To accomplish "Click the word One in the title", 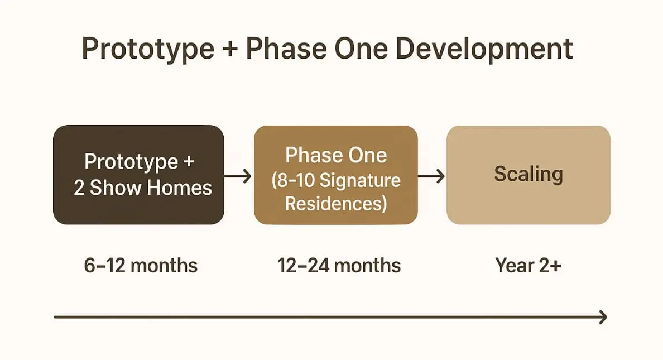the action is [x=361, y=49].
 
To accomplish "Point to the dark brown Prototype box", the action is [x=139, y=175].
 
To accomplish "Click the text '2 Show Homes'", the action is [x=143, y=188].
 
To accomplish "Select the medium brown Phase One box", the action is [x=336, y=175].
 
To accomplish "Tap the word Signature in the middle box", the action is [x=360, y=181].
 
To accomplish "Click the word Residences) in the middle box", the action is [x=336, y=204].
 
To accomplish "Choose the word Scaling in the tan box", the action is [x=529, y=174].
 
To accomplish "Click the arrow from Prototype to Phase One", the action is [x=238, y=176].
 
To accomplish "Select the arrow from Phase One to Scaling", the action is [x=431, y=176].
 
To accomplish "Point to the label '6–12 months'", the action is [x=141, y=266].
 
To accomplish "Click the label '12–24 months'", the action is [x=339, y=266].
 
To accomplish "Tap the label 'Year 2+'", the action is [x=528, y=266].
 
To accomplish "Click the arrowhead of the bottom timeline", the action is [x=604, y=317].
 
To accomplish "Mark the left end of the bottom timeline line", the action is [x=55, y=317].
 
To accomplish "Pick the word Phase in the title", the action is [x=286, y=49].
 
